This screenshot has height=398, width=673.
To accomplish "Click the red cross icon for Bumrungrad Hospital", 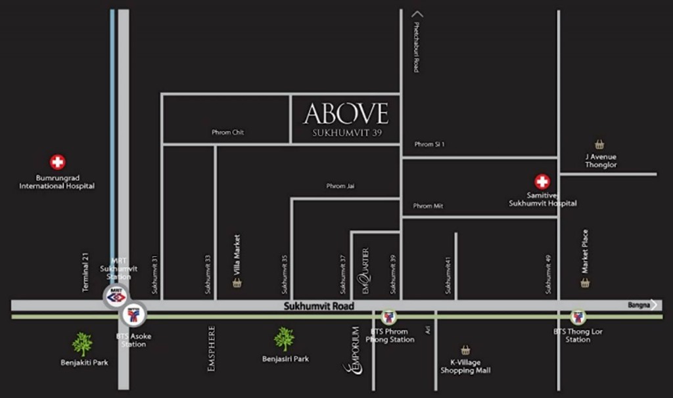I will [58, 162].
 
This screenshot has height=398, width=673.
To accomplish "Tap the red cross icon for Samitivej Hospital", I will [542, 181].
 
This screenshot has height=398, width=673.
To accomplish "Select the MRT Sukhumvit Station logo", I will [116, 296].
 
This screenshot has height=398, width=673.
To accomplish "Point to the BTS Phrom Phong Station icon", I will [388, 317].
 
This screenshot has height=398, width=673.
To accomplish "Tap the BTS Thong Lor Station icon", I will [578, 317].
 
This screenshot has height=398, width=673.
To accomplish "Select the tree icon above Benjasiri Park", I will [284, 339].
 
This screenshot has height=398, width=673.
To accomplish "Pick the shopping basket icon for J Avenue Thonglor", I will [599, 144].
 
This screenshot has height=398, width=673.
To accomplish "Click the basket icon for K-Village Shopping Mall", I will [465, 350].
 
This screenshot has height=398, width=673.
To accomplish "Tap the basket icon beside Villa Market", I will [237, 283].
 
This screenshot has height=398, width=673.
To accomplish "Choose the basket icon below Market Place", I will [585, 283].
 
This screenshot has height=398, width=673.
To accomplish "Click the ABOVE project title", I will [346, 114].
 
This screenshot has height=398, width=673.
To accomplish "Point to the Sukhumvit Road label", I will [319, 306].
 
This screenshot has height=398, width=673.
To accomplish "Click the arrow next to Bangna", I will [653, 305].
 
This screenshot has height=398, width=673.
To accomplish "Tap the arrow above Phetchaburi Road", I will [417, 13].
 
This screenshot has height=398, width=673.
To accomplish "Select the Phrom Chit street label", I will [228, 132].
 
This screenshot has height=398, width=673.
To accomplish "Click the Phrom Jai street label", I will [341, 186].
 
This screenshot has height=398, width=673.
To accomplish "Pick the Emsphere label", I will [211, 349].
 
